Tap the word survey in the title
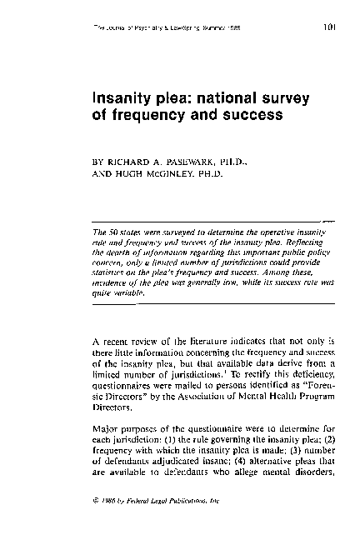click(x=280, y=98)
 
